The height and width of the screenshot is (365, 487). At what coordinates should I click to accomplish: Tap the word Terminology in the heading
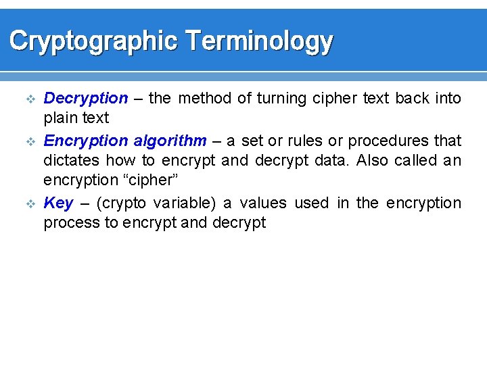[x=258, y=42]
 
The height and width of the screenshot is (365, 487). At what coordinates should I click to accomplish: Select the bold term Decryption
[x=85, y=99]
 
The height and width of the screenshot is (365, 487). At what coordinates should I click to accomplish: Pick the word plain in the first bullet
[x=60, y=118]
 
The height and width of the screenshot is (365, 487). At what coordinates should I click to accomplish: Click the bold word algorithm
[x=170, y=141]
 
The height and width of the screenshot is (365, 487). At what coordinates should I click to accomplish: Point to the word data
[x=333, y=161]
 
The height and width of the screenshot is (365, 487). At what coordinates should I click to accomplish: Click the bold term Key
[x=58, y=203]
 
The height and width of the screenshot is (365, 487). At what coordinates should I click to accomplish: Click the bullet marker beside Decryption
[x=28, y=99]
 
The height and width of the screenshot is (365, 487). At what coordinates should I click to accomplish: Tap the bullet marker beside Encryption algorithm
[x=28, y=141]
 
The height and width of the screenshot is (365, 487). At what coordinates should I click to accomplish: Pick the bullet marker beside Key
[x=28, y=203]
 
